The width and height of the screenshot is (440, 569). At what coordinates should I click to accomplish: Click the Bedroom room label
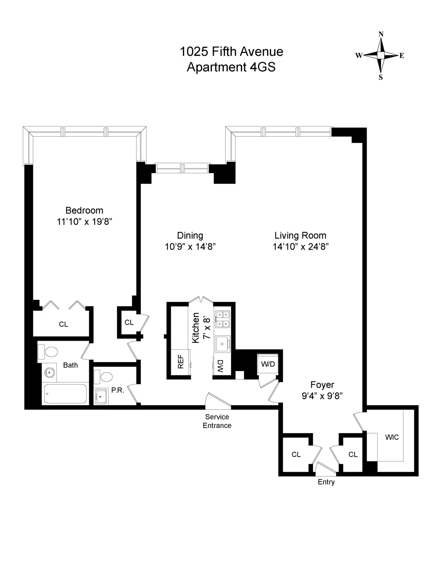(84, 210)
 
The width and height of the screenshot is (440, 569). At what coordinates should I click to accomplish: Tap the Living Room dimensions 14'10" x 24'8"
(300, 247)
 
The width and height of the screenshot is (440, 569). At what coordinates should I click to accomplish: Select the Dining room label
(190, 235)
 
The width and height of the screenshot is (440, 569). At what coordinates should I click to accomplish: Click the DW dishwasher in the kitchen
(220, 366)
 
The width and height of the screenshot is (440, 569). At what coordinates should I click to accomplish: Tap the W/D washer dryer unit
(268, 364)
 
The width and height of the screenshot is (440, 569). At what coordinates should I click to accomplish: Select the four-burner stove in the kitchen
(222, 319)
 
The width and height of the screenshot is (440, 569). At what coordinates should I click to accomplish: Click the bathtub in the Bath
(65, 394)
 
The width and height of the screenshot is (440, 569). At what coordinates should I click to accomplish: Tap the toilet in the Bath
(48, 352)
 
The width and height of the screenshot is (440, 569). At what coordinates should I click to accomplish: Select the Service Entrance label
(217, 421)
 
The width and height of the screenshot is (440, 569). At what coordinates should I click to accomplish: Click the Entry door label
(326, 482)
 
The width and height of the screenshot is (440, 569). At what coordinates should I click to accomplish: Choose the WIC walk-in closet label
(392, 437)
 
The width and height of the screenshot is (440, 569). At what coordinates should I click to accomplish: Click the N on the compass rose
(381, 34)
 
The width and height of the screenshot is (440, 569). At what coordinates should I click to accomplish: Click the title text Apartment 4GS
(231, 67)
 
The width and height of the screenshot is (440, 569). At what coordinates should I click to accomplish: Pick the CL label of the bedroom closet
(63, 324)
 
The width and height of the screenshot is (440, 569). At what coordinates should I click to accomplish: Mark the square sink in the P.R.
(100, 396)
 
